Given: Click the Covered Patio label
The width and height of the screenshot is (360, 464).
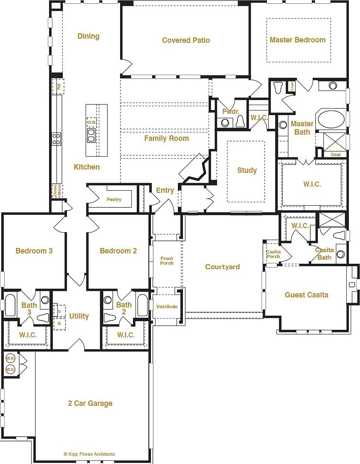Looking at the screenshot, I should (x=186, y=40).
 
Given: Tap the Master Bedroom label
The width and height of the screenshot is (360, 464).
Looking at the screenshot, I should (x=297, y=40).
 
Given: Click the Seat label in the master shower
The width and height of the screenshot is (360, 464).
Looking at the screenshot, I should (x=335, y=155).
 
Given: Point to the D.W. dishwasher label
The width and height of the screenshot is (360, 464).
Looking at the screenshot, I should (x=91, y=123).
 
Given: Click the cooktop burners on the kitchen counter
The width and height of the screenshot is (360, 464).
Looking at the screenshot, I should (x=56, y=138).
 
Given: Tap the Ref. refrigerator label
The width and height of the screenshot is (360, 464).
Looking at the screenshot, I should (x=59, y=86).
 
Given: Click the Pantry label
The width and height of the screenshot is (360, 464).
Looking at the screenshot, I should (x=114, y=199).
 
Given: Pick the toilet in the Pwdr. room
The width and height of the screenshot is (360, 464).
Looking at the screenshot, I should (x=240, y=121).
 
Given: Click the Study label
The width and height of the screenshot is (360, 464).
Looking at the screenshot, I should (x=247, y=170).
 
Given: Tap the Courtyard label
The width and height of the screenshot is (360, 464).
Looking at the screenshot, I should (x=222, y=267).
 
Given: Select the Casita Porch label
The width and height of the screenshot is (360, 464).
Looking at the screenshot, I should (x=273, y=254).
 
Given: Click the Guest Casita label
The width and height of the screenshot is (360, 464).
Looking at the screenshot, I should (x=306, y=295).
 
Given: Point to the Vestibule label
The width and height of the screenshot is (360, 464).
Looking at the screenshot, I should (x=167, y=307).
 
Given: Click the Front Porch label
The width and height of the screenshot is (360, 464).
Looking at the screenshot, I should (x=167, y=261).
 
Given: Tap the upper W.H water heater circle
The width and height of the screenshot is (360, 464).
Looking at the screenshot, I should (x=10, y=358).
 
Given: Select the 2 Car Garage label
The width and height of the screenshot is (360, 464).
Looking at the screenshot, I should (x=90, y=403).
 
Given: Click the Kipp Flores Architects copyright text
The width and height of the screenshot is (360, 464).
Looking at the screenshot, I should (x=89, y=454).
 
